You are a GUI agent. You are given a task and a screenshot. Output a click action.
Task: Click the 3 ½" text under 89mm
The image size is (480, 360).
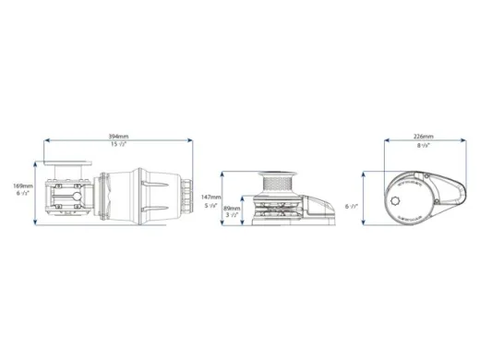click(x=234, y=218)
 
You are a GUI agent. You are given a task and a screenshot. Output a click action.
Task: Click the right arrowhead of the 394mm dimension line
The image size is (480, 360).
click(x=190, y=142)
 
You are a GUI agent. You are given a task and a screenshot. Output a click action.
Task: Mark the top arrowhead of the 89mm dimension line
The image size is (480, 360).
click(x=249, y=196)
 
